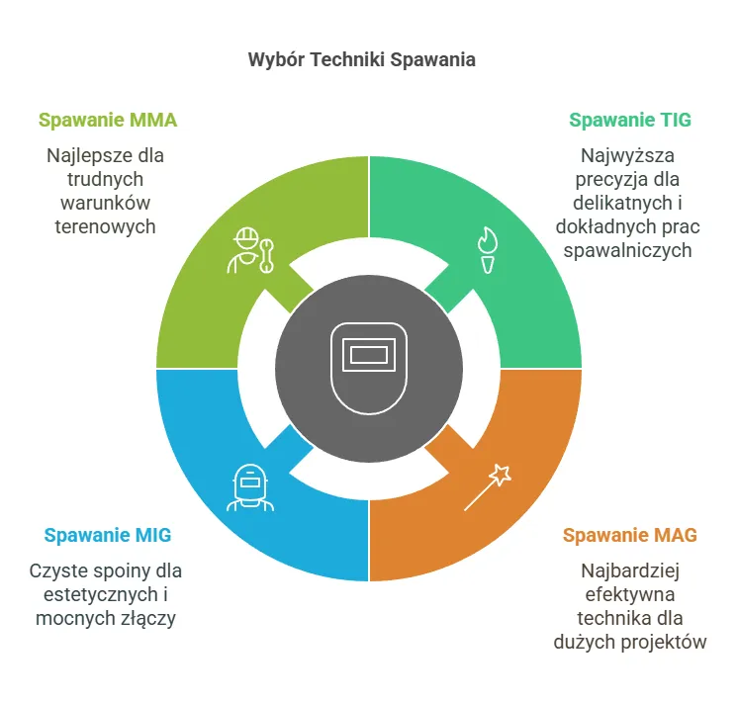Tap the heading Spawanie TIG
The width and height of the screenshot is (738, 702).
[629, 121]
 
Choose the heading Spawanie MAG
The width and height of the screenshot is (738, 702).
[629, 536]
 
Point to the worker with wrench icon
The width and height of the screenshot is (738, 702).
[252, 250]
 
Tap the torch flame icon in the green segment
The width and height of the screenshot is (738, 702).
[486, 251]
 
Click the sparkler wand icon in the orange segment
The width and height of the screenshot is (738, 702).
[488, 485]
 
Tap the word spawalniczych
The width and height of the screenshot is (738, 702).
[629, 250]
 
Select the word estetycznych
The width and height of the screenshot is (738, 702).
[96, 595]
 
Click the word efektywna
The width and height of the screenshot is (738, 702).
[629, 595]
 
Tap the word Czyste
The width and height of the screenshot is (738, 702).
[56, 571]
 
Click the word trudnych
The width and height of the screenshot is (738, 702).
[106, 179]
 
